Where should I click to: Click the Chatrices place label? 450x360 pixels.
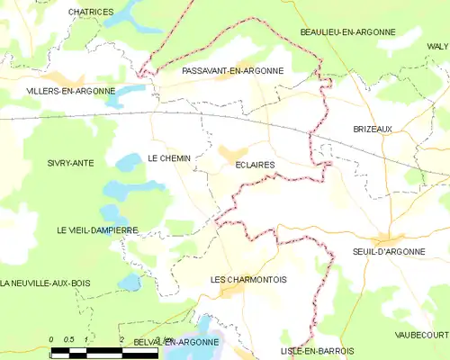click(x=92, y=12)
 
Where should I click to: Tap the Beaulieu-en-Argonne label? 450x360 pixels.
click(x=347, y=31)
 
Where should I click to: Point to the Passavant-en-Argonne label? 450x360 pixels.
click(x=232, y=70)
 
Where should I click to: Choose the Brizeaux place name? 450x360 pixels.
click(x=373, y=129)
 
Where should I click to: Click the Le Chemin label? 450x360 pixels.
click(x=169, y=157)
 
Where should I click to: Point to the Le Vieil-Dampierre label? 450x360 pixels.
click(x=97, y=230)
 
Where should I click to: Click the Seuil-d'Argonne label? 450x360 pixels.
click(x=389, y=251)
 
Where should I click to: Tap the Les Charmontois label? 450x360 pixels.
click(x=248, y=280)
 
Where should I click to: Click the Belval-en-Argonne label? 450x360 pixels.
click(x=175, y=342)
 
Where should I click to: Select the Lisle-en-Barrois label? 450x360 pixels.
click(x=317, y=350)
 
